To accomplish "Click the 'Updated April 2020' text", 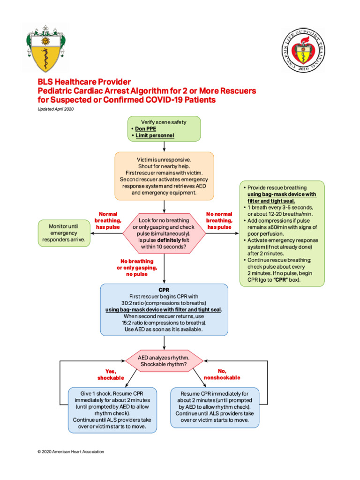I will point(56,109).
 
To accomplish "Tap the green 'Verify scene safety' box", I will point(164,128).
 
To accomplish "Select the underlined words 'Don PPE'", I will point(146,129).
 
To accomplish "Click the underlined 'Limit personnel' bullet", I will point(155,136).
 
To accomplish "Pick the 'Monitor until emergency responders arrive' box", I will point(64,233).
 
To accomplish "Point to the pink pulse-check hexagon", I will point(164,233).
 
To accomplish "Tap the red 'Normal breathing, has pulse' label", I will point(108,220).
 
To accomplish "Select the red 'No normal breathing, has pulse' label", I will point(219,220).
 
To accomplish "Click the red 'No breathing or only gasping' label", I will point(137,267).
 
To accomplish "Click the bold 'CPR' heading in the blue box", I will point(164,290).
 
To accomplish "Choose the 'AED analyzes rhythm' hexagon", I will point(164,360).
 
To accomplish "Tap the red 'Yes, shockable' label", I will point(111,374).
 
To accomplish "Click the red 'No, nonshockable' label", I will point(222,374).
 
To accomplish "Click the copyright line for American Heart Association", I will point(70,452).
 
